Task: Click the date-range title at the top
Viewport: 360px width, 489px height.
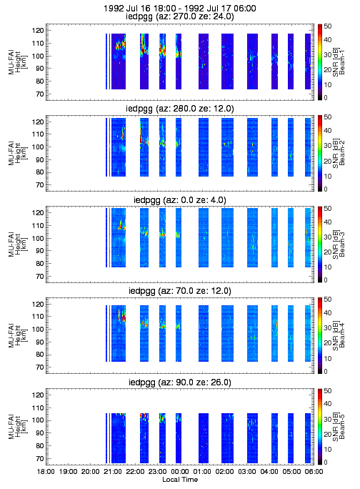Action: (x=180, y=8)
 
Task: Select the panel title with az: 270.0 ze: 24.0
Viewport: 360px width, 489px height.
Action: (x=180, y=16)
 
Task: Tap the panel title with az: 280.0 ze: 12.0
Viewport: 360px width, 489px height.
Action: (x=180, y=108)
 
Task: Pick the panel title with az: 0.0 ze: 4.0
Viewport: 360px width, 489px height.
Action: (x=180, y=199)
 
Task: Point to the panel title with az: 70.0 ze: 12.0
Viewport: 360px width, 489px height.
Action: (x=180, y=291)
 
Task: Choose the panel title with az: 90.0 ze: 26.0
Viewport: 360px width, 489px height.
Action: (x=180, y=382)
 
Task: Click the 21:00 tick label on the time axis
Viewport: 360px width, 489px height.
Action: (x=113, y=472)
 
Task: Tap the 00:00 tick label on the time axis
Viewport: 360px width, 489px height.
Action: (x=180, y=472)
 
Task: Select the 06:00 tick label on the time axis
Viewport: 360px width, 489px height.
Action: (x=314, y=472)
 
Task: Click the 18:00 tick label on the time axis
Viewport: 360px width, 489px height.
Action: (x=46, y=472)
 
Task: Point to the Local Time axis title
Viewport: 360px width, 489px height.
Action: (x=180, y=480)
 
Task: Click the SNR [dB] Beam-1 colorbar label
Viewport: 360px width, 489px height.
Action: (x=339, y=62)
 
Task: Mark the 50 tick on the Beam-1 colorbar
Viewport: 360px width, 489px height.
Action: (x=327, y=26)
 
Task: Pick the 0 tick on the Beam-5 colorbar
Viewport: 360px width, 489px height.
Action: (x=326, y=463)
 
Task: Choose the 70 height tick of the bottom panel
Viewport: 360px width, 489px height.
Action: (x=39, y=459)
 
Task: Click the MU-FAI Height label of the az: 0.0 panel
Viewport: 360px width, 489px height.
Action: (x=18, y=244)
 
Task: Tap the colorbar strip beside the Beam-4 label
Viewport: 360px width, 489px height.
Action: (x=320, y=335)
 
